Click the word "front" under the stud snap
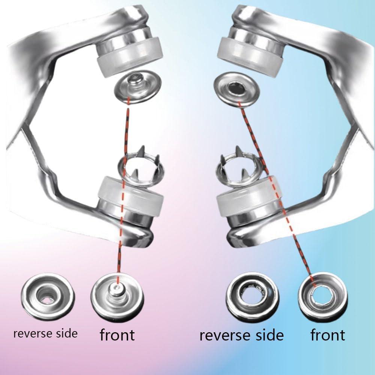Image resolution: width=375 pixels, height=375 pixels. (x=117, y=334)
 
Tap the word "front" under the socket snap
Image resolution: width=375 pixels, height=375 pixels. (x=328, y=334)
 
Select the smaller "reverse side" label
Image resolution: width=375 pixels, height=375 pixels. (x=45, y=333)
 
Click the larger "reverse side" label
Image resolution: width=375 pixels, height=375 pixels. (x=241, y=335)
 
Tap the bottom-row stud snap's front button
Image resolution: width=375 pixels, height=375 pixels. (x=117, y=298)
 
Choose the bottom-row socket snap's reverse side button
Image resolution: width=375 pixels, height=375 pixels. (x=252, y=297)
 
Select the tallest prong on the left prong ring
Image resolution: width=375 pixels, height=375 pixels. (x=142, y=151)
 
